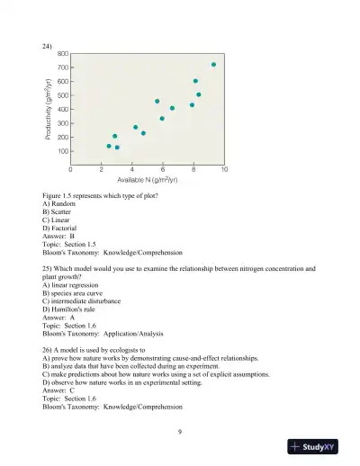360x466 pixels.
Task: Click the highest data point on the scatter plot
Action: (x=213, y=65)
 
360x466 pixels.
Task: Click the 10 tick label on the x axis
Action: (x=224, y=169)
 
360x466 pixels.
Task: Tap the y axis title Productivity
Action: (x=46, y=109)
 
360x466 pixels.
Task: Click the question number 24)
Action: (x=48, y=45)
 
